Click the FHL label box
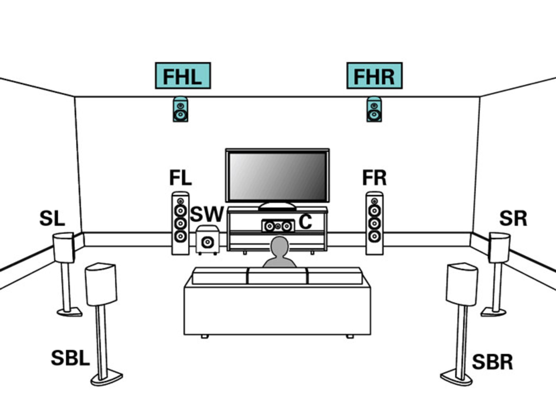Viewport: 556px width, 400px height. click(x=183, y=76)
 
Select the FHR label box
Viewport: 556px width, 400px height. click(x=374, y=76)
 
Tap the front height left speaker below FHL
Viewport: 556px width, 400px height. click(x=180, y=109)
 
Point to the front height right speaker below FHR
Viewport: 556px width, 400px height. click(x=374, y=109)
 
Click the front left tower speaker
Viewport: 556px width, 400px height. click(x=180, y=223)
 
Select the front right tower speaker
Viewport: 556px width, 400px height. click(x=374, y=223)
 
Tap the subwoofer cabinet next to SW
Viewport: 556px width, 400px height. click(x=207, y=240)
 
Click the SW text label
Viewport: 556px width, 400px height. click(x=207, y=214)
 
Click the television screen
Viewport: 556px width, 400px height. click(x=277, y=176)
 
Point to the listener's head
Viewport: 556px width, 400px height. click(x=279, y=247)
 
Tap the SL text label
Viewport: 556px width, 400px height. click(x=52, y=219)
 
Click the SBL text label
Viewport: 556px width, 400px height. click(x=70, y=358)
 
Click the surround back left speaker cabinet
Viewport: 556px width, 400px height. click(x=101, y=284)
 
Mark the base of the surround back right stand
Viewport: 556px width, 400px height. click(x=456, y=378)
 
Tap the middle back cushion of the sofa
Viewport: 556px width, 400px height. click(x=277, y=276)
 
